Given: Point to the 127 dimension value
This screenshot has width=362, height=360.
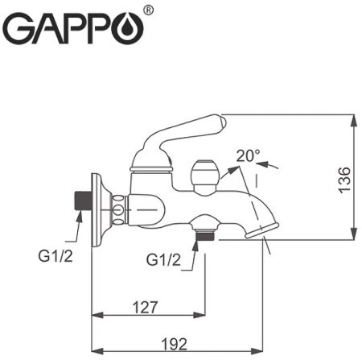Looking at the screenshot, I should (x=146, y=307).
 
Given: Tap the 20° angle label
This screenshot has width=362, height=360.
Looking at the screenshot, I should (x=249, y=154).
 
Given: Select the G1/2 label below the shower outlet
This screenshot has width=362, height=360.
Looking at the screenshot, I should (x=164, y=259).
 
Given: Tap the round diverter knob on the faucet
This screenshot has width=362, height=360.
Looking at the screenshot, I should (x=204, y=175).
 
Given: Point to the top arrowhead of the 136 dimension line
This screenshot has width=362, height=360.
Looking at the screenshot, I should (x=355, y=118).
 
